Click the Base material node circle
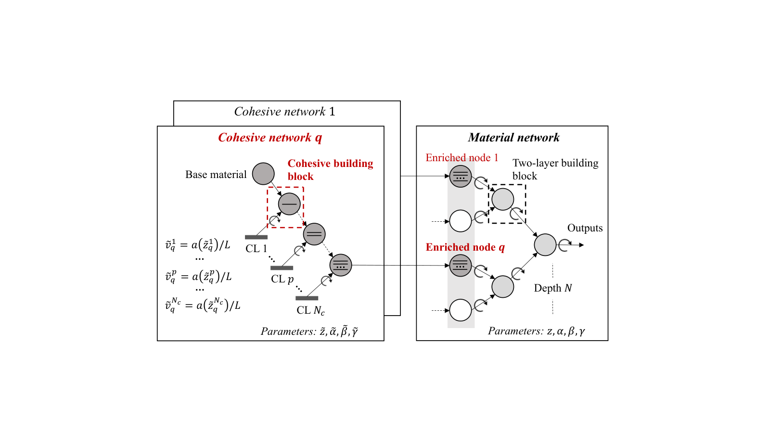tap(263, 174)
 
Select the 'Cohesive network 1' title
tap(284, 111)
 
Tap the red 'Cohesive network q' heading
tap(270, 138)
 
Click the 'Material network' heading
tap(513, 138)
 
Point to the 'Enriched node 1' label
tap(462, 157)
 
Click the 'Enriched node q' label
tap(465, 247)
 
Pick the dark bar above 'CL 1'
tap(256, 237)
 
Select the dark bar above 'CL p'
tap(282, 267)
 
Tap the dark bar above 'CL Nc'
tap(307, 298)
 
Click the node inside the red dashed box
tap(289, 204)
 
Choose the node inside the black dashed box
tap(502, 199)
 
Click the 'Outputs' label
tap(585, 228)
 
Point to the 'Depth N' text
tap(553, 288)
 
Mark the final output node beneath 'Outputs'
tap(545, 245)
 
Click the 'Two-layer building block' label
tap(555, 169)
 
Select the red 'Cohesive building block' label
tap(330, 169)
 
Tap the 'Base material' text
tap(216, 174)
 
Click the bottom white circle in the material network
tap(460, 310)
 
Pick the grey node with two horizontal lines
tap(314, 234)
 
